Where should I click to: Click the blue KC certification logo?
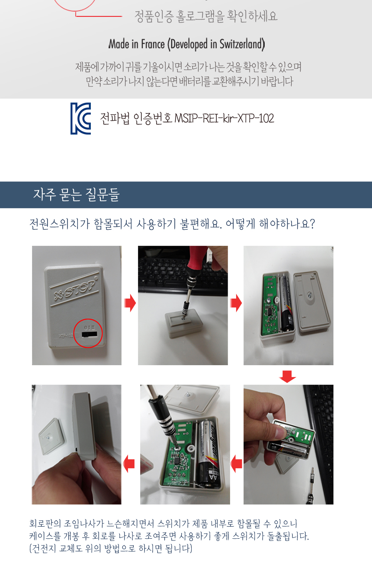(x=80, y=119)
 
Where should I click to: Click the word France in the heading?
(x=153, y=44)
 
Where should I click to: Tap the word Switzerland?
(x=242, y=44)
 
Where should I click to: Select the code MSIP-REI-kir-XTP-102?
(x=224, y=119)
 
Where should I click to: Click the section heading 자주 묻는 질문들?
(x=76, y=195)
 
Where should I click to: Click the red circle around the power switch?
(x=88, y=319)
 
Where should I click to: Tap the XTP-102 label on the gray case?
(x=66, y=335)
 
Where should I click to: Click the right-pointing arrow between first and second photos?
(x=130, y=303)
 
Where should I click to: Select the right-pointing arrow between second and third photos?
(x=236, y=303)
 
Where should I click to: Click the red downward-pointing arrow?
(x=287, y=376)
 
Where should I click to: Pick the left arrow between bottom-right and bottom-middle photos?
(x=236, y=464)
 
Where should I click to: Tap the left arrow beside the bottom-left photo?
(x=128, y=464)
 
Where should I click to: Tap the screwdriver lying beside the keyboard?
(x=311, y=486)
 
